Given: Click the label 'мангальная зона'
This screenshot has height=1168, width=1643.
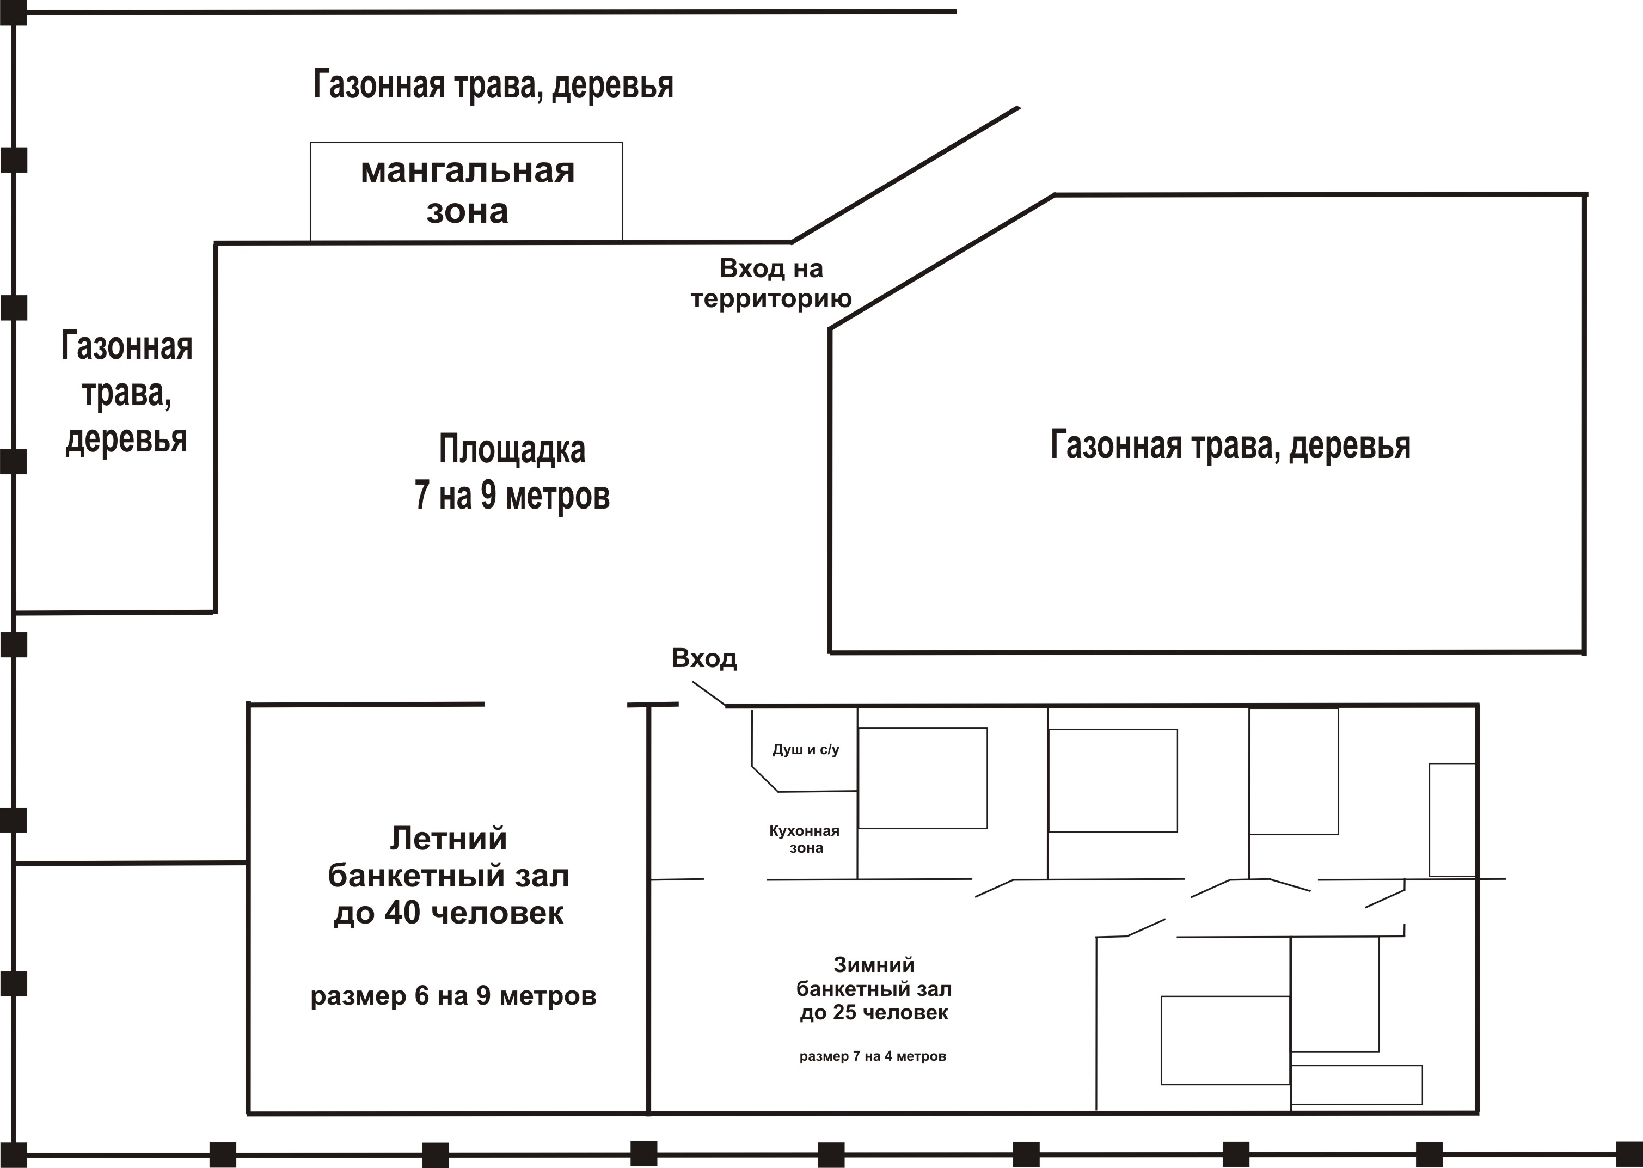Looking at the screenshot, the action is [x=468, y=191].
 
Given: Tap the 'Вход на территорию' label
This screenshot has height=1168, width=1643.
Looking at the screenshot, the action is [x=771, y=283].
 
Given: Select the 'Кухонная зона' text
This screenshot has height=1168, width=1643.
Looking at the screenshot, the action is [x=805, y=839].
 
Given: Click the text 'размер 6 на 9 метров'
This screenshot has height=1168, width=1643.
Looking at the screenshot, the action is [x=453, y=996].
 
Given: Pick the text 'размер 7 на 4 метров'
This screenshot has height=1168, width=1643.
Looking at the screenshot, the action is [x=873, y=1056].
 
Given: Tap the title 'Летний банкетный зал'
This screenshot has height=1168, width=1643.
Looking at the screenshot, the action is [x=449, y=857].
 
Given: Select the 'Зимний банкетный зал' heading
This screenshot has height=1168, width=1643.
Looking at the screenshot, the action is [x=874, y=977].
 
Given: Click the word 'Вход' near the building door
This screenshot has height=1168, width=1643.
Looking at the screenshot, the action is [x=704, y=659].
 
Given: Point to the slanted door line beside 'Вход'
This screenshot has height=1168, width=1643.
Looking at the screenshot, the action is [x=709, y=694].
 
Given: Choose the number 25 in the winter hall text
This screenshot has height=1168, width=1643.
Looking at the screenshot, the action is [x=844, y=1013].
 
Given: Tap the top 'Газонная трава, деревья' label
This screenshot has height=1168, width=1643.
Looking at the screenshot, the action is [x=493, y=85].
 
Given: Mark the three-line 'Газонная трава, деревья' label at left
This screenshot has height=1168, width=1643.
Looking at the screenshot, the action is [x=126, y=393].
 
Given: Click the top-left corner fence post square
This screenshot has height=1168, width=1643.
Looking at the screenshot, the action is [x=13, y=12].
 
